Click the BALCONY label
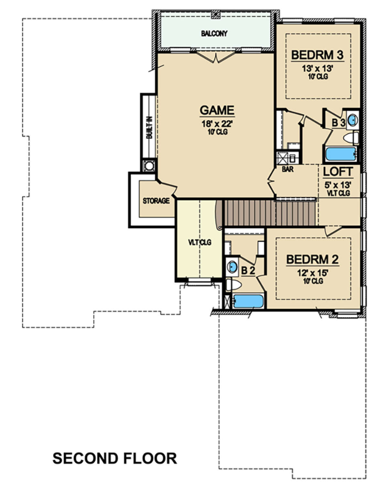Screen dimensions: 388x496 point(214,34)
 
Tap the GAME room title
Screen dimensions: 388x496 point(217,110)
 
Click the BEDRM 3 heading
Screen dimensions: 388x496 point(318,55)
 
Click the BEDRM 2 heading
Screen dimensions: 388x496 point(312,259)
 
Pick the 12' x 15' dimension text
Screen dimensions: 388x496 point(313,273)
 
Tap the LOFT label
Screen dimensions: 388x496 point(338,172)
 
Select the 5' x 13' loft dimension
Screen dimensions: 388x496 point(338,185)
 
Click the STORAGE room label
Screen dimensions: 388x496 point(156,201)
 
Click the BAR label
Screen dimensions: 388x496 point(288,169)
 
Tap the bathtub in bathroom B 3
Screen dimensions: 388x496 point(341,154)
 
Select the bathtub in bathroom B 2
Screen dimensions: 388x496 point(248,301)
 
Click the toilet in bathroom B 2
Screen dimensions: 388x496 point(234,285)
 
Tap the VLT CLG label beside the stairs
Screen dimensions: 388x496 point(200,242)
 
